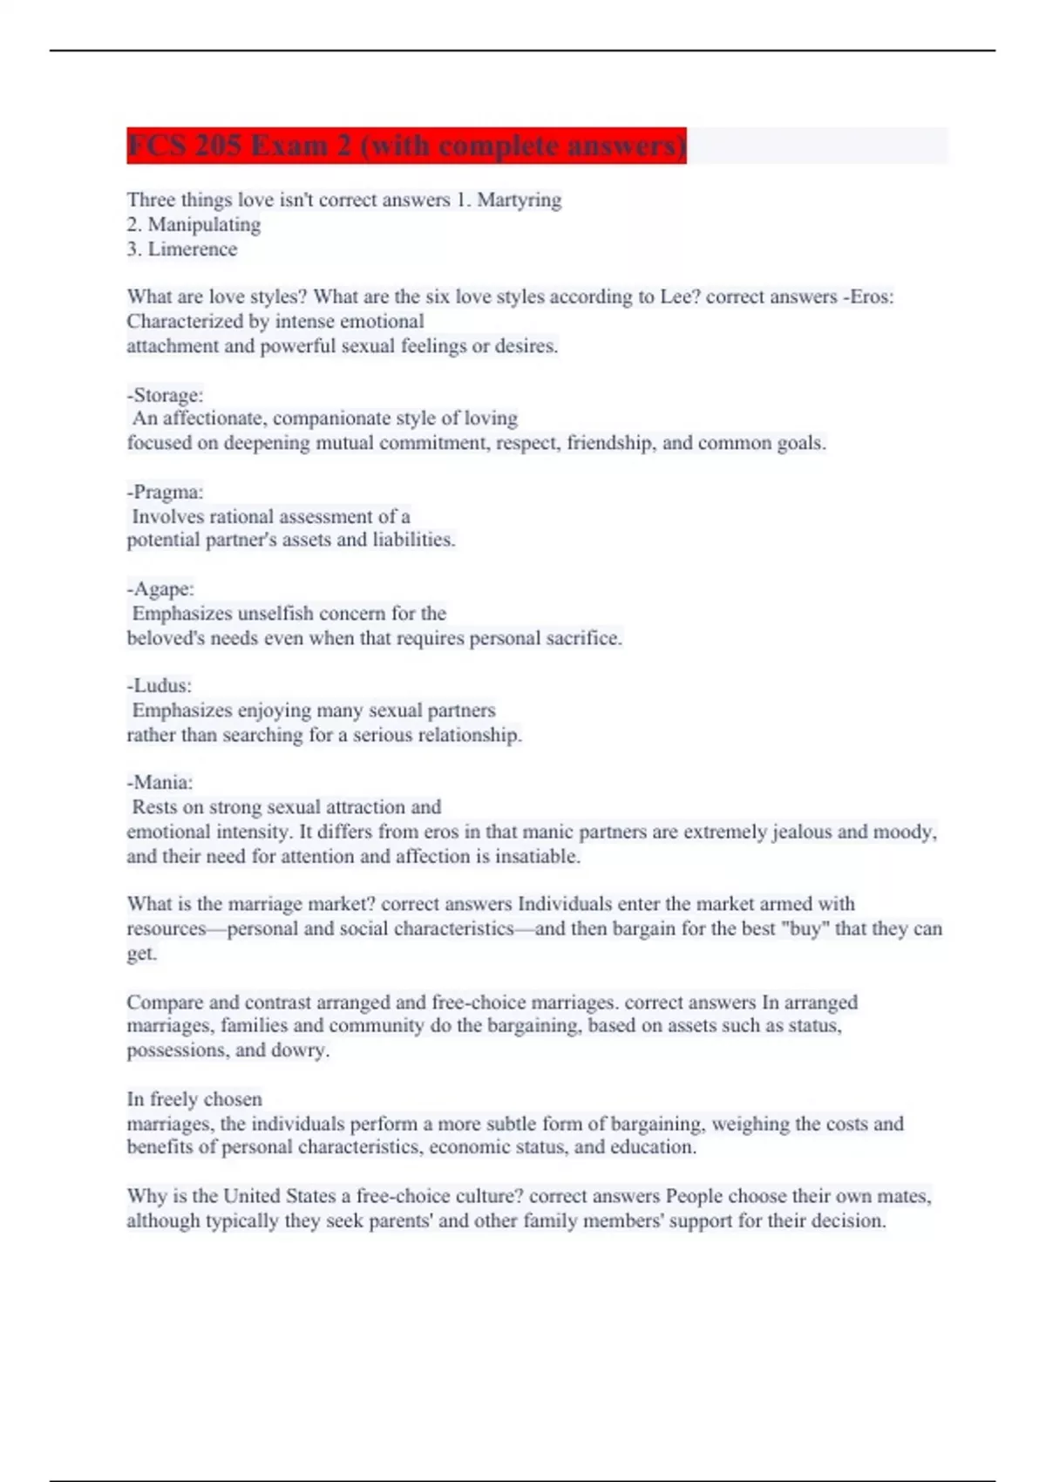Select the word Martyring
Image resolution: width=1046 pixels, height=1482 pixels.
519,201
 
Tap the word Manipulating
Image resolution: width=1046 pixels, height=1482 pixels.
204,225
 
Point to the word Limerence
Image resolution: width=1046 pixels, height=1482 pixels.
192,249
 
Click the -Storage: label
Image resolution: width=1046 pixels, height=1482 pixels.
165,395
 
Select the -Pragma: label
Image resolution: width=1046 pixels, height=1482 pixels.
165,493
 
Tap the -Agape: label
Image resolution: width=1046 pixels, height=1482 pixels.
160,589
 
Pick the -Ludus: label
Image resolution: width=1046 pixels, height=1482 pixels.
159,686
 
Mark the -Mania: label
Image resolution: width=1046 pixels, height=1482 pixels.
160,783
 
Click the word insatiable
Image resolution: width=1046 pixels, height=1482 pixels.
537,857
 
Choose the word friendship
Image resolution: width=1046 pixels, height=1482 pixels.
609,444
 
